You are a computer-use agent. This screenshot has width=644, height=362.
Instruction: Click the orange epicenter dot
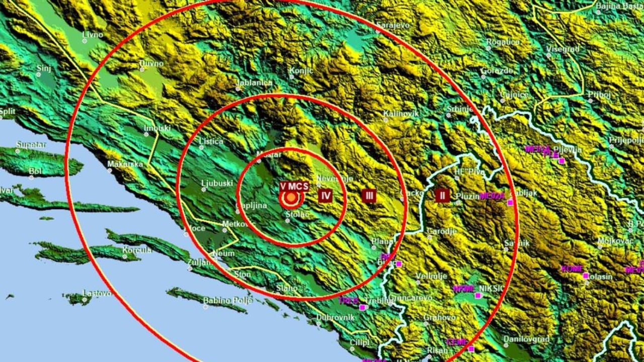click(x=291, y=198)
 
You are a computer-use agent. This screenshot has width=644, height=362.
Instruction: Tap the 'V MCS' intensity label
click(x=294, y=187)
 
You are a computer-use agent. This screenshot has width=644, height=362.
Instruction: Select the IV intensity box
click(x=326, y=196)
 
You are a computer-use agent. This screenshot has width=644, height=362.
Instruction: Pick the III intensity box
click(x=369, y=196)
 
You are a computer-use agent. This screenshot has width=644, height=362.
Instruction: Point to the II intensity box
click(x=442, y=196)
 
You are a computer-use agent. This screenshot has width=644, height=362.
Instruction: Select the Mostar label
click(x=269, y=154)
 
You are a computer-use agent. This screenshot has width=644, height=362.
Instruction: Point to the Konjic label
click(x=302, y=71)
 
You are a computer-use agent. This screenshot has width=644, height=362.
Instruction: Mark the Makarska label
click(x=125, y=164)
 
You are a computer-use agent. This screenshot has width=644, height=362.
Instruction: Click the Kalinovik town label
click(x=401, y=114)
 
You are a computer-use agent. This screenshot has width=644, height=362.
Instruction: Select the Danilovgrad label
click(x=527, y=339)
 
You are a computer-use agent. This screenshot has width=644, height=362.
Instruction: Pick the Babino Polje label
click(x=227, y=301)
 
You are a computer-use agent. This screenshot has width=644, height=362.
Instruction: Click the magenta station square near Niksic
click(x=478, y=295)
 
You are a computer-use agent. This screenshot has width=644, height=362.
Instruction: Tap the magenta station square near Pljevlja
click(x=561, y=161)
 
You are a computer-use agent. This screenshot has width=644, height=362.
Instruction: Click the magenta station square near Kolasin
click(x=586, y=276)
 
